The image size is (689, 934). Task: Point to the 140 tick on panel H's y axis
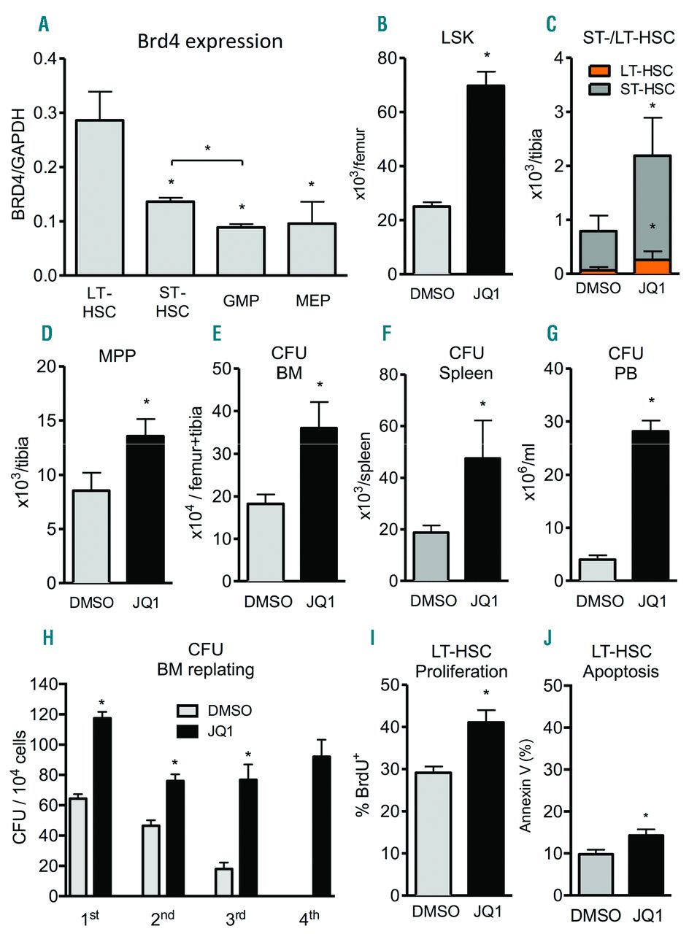coord(47,684)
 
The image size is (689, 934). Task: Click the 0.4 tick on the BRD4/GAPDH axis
coord(45,58)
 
